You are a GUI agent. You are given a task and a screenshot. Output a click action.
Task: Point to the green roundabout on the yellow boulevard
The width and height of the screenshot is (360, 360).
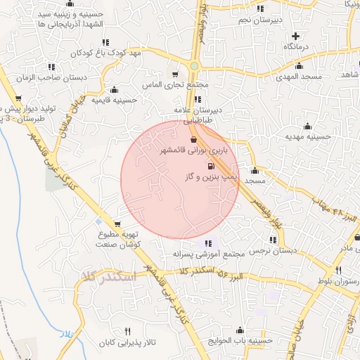[193, 66]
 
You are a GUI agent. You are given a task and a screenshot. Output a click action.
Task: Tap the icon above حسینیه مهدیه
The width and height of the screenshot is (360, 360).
[307, 127]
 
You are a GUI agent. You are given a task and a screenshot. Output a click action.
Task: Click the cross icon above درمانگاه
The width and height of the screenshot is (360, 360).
[295, 36]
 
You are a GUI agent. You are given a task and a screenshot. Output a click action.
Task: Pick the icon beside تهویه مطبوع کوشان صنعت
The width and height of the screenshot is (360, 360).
[99, 223]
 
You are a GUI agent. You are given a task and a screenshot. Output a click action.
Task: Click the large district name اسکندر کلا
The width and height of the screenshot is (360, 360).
[104, 276]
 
